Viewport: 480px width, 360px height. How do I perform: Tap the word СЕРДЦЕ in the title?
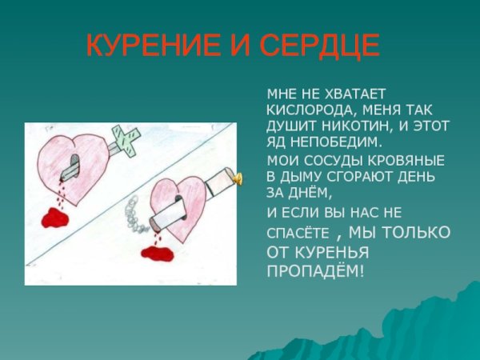pos(318,46)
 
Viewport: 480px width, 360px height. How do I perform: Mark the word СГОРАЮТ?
pos(349,178)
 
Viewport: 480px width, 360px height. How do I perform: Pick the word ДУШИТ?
pos(290,126)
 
